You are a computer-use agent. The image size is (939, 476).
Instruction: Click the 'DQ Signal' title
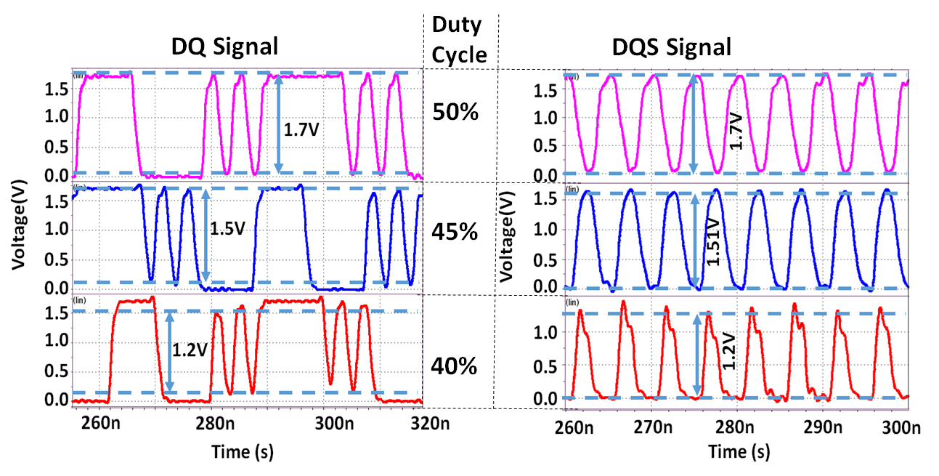224,47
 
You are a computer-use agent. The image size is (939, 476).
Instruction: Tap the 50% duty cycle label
455,112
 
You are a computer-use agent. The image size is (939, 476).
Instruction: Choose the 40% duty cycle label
455,366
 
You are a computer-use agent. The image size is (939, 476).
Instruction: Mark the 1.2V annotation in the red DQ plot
190,350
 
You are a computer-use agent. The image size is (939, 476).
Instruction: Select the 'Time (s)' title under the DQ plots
242,452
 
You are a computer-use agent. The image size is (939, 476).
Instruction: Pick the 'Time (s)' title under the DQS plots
739,452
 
